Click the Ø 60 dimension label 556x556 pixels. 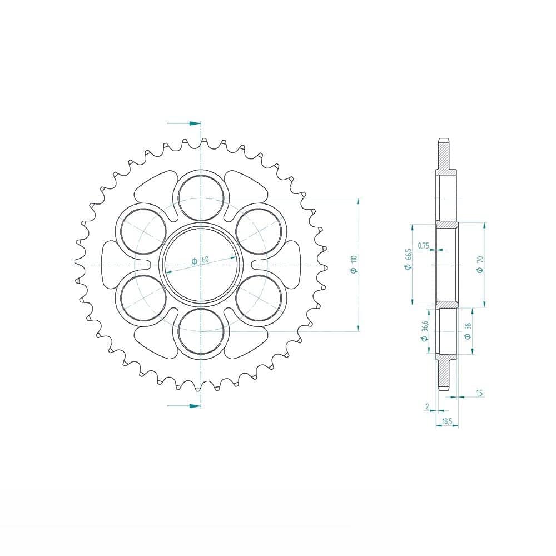200,260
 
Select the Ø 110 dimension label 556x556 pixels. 354,264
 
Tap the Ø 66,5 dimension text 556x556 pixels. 408,260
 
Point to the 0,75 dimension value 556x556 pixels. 424,245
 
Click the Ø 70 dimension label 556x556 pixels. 480,265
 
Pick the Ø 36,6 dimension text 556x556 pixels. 424,331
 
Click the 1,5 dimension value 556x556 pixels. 479,393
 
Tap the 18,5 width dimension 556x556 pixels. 447,421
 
